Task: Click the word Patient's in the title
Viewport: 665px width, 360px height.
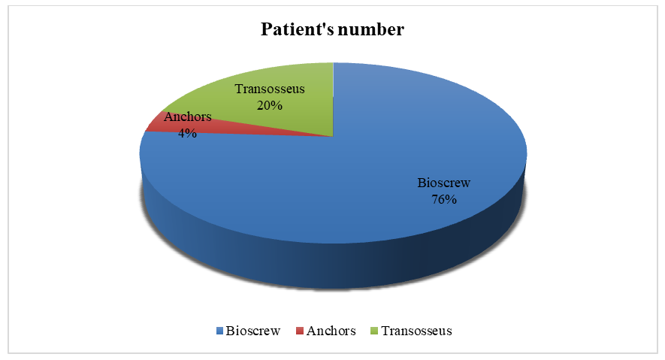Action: [294, 29]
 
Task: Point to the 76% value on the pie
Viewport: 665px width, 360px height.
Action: [444, 199]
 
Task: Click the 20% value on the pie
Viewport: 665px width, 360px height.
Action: [269, 105]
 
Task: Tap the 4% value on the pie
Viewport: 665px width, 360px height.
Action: [187, 133]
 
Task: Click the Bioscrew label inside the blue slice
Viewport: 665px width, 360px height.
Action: [444, 183]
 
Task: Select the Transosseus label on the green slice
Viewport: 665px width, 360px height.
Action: [270, 89]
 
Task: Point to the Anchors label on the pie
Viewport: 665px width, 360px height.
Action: [187, 116]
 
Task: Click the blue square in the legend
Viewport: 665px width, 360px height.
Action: [219, 331]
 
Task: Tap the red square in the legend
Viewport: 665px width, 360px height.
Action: [299, 331]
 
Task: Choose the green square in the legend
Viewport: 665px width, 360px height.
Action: [374, 331]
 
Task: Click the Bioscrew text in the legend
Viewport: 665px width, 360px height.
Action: [253, 331]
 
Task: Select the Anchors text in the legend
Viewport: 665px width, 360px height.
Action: [331, 331]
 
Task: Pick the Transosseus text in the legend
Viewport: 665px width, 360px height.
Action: [417, 331]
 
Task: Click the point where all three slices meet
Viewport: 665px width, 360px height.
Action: [334, 137]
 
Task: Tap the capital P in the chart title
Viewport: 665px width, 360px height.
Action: [266, 29]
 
